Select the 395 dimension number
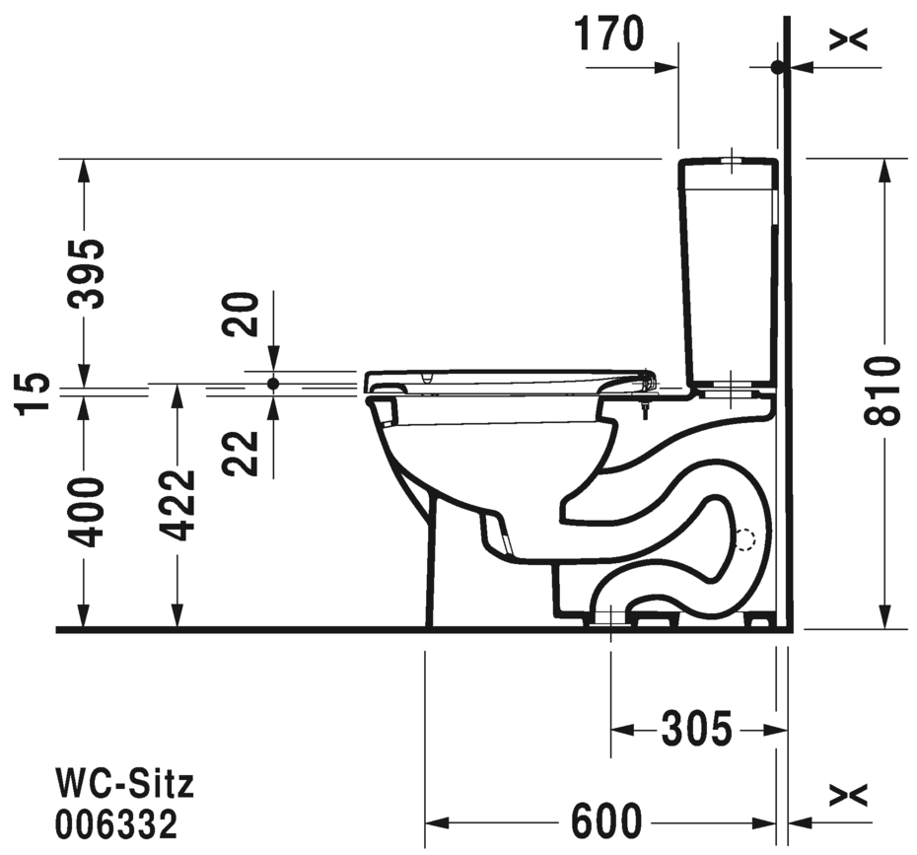(x=86, y=273)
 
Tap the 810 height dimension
(x=882, y=390)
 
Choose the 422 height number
(x=177, y=505)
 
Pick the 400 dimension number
(x=86, y=512)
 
